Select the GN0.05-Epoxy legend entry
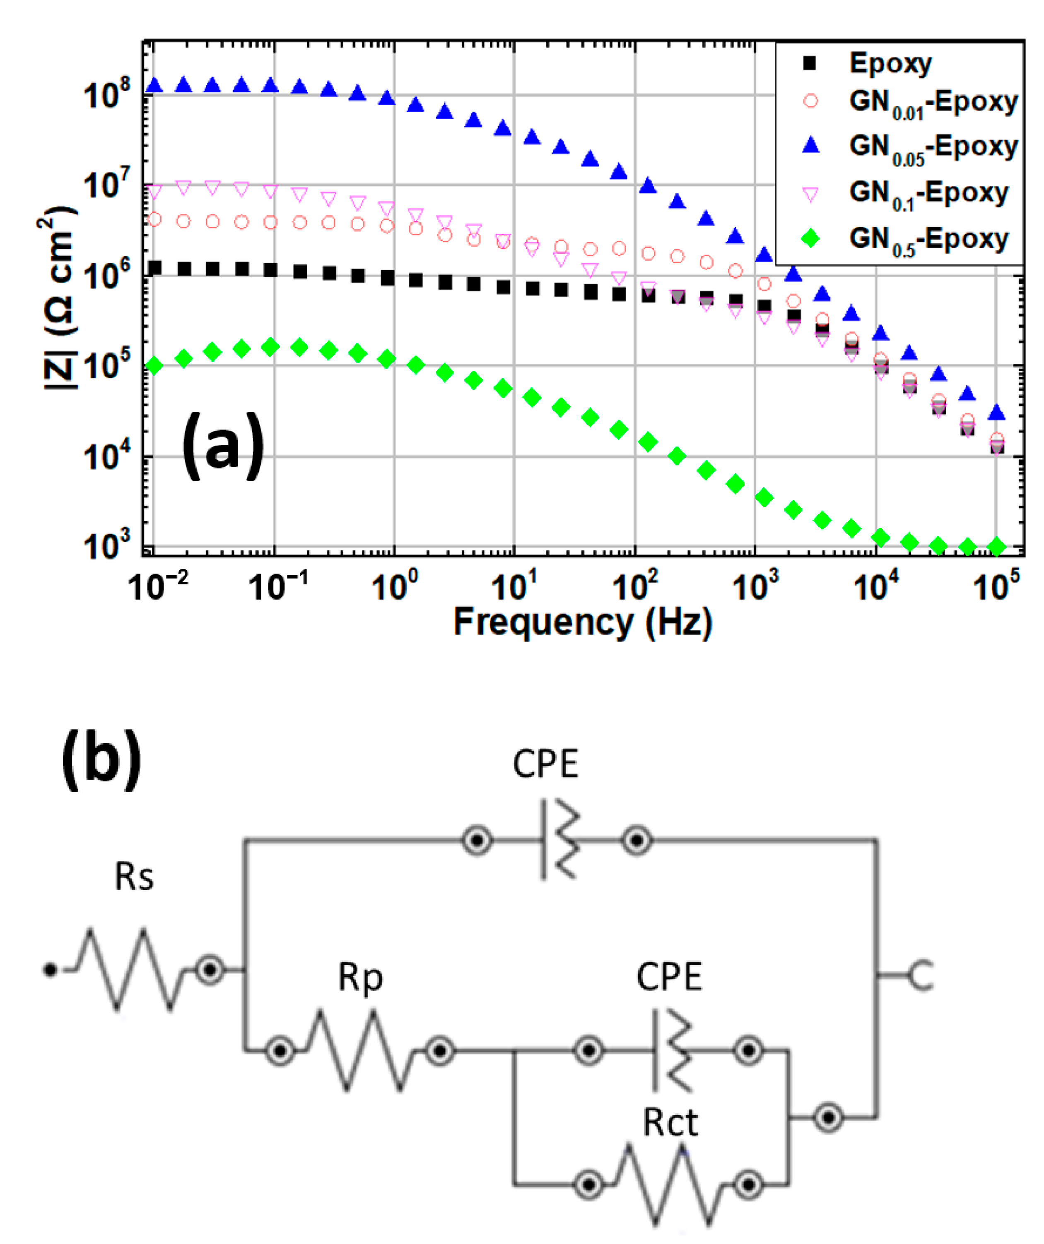(x=933, y=147)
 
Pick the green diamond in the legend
(x=810, y=239)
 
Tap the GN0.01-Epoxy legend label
(x=933, y=102)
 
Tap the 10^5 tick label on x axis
(x=996, y=586)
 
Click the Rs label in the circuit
(x=134, y=877)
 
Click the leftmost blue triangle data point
(x=154, y=85)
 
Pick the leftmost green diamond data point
(x=154, y=365)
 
